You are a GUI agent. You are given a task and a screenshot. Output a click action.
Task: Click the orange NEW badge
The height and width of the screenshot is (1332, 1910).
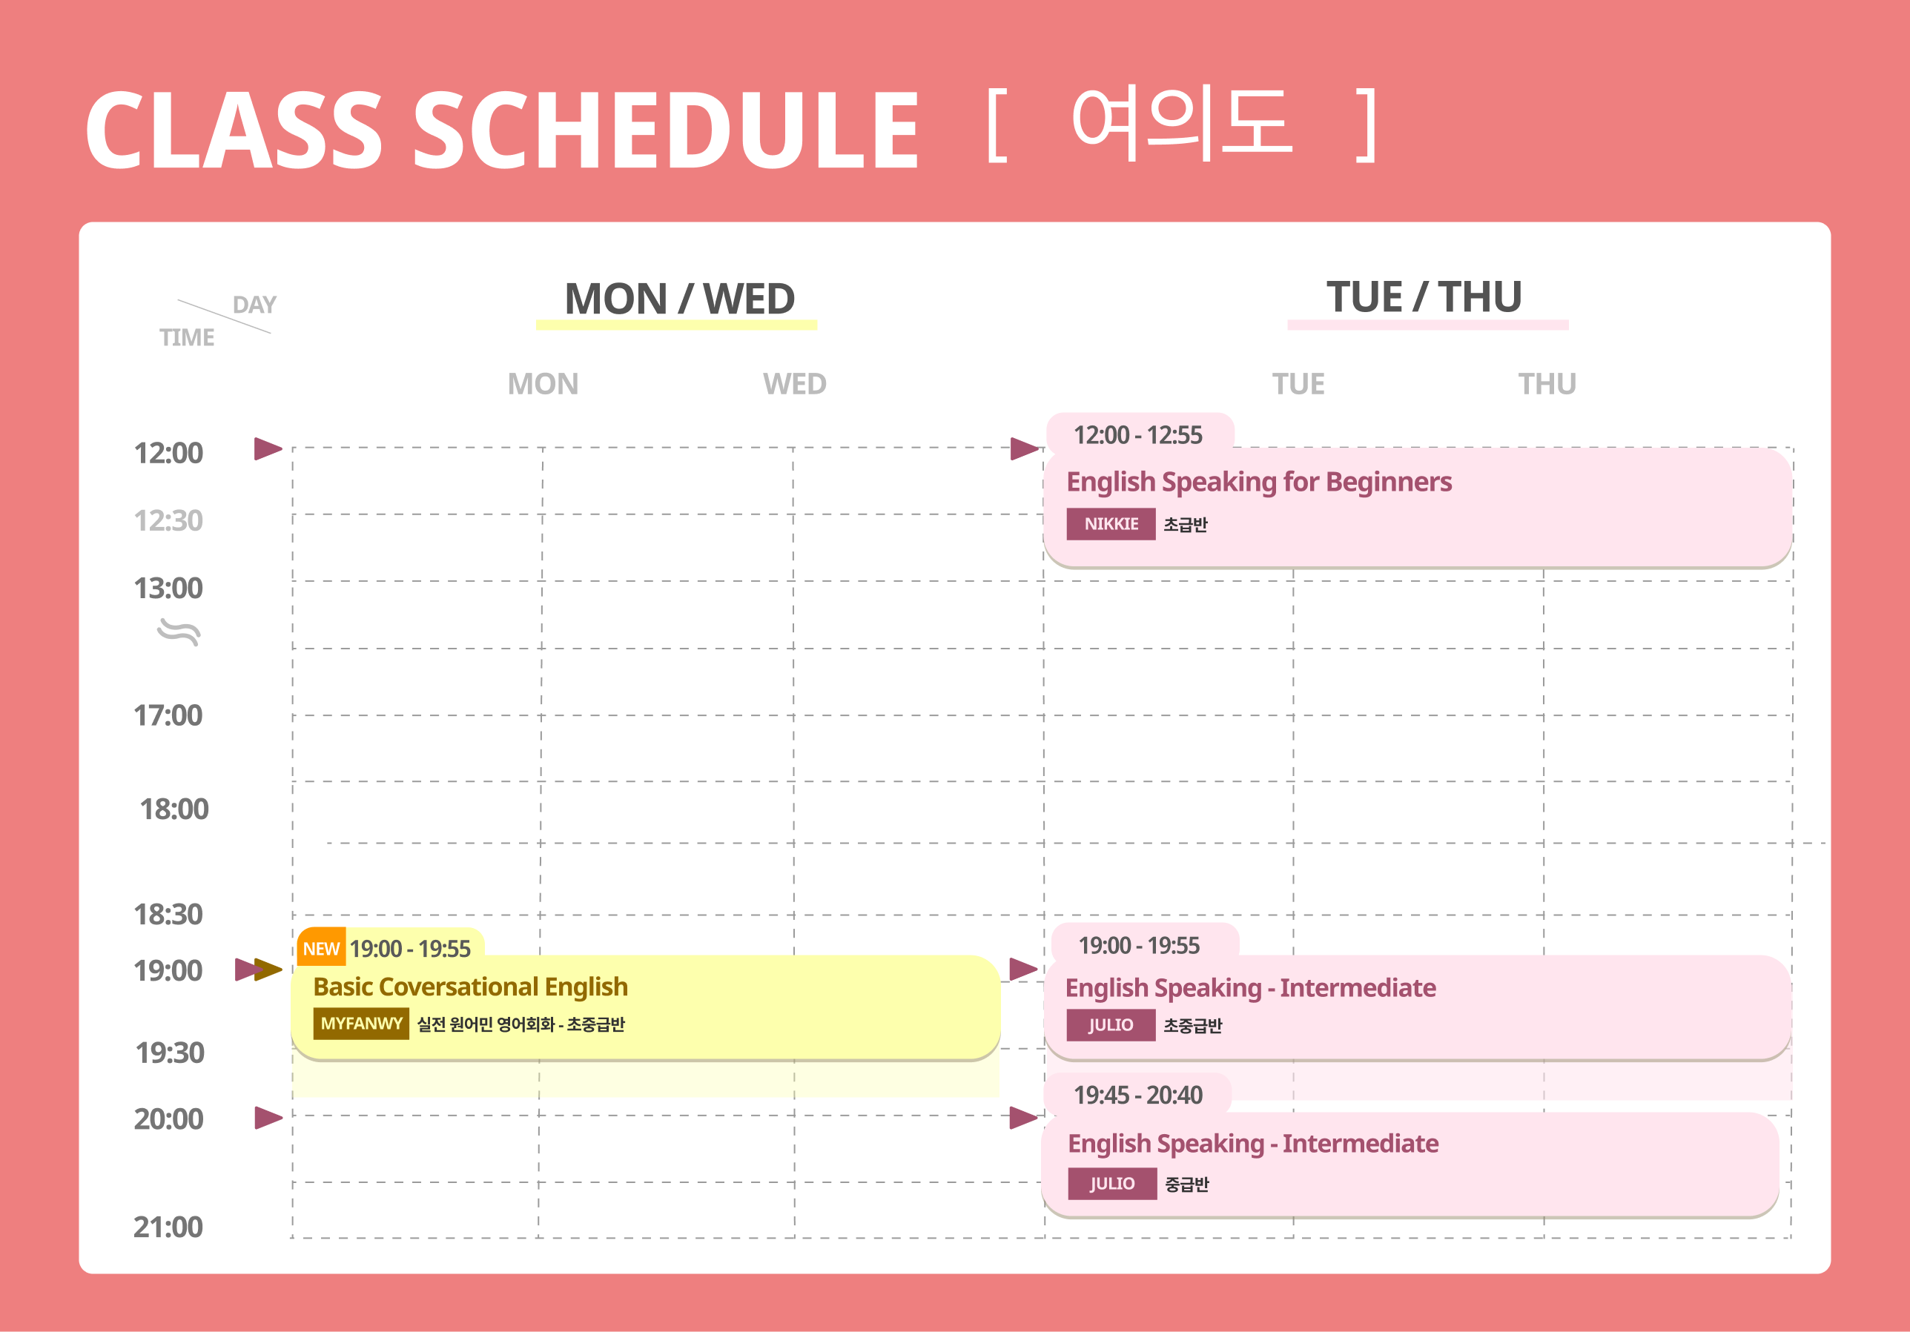coord(321,947)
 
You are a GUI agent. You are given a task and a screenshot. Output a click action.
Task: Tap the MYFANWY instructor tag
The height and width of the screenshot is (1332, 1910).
coord(361,1024)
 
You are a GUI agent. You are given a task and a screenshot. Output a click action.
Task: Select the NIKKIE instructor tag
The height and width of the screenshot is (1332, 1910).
coord(1111,524)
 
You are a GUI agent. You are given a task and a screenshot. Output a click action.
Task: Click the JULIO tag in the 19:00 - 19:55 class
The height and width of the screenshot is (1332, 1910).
coord(1111,1024)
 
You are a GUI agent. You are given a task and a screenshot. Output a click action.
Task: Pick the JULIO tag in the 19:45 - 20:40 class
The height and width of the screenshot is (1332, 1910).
coord(1112,1183)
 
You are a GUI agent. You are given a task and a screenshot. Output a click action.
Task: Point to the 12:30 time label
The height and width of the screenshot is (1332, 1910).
coord(168,520)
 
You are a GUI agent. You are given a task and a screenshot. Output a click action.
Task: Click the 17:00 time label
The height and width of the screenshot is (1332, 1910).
coord(168,715)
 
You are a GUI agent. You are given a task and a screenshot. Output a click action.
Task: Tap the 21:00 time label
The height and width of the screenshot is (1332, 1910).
coord(168,1227)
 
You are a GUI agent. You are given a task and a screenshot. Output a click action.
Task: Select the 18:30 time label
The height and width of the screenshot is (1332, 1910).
coord(168,914)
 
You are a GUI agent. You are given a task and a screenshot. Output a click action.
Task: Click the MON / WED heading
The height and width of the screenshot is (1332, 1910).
coord(680,299)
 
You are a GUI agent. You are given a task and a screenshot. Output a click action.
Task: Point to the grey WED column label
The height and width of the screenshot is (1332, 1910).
coord(794,384)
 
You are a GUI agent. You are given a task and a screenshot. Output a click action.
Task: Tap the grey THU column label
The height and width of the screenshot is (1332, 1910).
coord(1547,384)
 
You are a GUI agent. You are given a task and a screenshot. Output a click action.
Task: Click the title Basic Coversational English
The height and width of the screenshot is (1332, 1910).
coord(471,987)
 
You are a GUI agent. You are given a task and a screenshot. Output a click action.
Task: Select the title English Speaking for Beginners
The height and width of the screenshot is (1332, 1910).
coord(1259,483)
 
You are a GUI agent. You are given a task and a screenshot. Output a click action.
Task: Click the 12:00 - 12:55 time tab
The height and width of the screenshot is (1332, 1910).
coord(1138,435)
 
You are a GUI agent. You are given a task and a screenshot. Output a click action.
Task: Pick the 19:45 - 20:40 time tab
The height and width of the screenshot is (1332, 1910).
coord(1138,1095)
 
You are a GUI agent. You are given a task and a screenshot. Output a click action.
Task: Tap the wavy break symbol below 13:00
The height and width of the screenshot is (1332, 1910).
coord(179,632)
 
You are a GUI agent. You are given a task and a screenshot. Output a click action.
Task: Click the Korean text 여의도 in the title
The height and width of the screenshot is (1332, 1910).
coord(1182,125)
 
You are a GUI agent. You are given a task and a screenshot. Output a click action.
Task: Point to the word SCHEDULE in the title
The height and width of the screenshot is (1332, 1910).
coord(666,130)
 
